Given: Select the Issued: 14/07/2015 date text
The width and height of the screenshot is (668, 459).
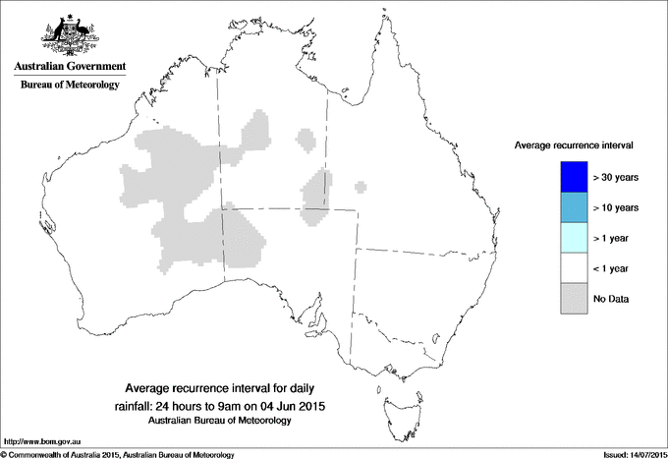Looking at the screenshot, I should tap(628, 453).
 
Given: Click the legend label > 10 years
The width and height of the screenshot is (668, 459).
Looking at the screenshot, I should tap(617, 208).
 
